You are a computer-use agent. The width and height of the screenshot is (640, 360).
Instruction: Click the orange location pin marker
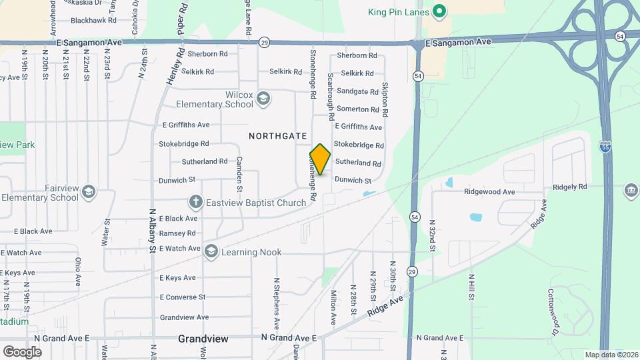click(320, 159)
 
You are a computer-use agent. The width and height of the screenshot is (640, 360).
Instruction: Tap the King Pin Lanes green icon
click(439, 11)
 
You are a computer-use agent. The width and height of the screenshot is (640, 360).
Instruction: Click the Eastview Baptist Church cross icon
click(195, 201)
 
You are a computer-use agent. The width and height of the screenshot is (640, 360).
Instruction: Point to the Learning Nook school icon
click(211, 251)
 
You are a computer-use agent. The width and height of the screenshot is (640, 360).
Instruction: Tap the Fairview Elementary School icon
click(89, 193)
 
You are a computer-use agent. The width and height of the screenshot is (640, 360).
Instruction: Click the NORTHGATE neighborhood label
click(273, 135)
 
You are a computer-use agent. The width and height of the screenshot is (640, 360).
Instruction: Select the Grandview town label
click(203, 339)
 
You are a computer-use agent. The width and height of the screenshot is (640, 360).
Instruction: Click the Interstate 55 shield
click(605, 147)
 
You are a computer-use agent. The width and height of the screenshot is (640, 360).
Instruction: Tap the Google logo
click(22, 351)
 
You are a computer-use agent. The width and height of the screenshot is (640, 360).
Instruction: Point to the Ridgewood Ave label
click(489, 192)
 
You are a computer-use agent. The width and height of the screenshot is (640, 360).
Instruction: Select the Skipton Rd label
click(385, 100)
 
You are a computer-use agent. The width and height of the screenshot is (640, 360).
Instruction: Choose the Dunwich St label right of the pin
click(353, 180)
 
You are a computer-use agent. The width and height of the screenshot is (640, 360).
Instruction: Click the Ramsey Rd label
click(177, 233)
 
